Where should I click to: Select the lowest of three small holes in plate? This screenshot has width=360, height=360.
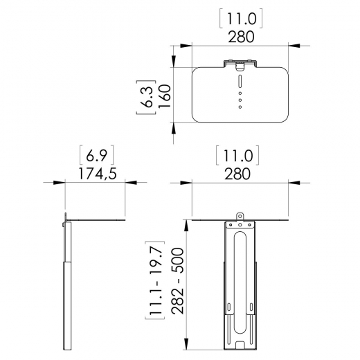click(240, 107)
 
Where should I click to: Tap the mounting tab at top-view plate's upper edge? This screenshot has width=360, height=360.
click(240, 64)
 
